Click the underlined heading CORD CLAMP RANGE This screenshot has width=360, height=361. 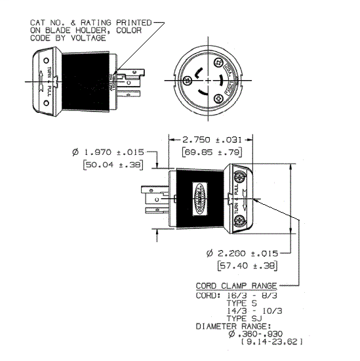tap(236, 286)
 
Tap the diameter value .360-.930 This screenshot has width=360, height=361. tap(253, 334)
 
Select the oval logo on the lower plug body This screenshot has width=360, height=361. tap(199, 198)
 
